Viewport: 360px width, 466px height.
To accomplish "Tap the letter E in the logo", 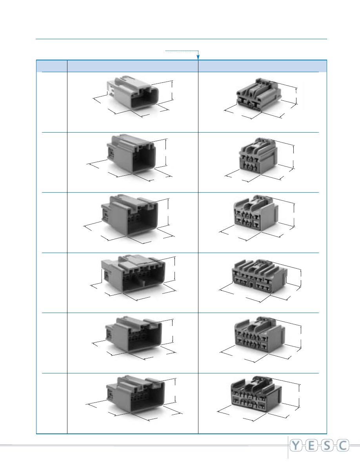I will tap(314, 446).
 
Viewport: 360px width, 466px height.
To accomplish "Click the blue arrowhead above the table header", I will tap(198, 58).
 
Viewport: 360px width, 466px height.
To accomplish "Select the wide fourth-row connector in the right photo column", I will tap(259, 275).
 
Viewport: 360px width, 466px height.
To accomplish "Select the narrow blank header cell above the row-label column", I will tap(52, 66).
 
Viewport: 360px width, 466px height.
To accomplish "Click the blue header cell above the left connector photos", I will tap(133, 66).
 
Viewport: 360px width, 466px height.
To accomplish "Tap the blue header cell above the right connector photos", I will tap(262, 66).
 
